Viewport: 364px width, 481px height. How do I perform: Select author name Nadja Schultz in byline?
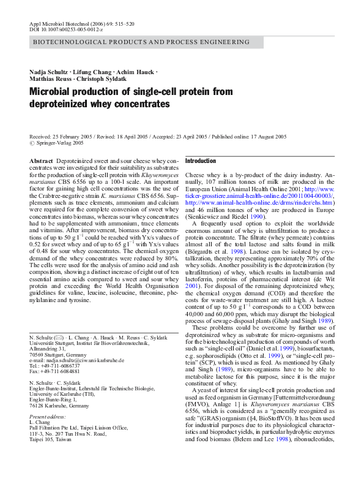[x=50, y=72]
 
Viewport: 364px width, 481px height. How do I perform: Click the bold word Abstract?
[x=41, y=161]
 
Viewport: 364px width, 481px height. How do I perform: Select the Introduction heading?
[x=201, y=161]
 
